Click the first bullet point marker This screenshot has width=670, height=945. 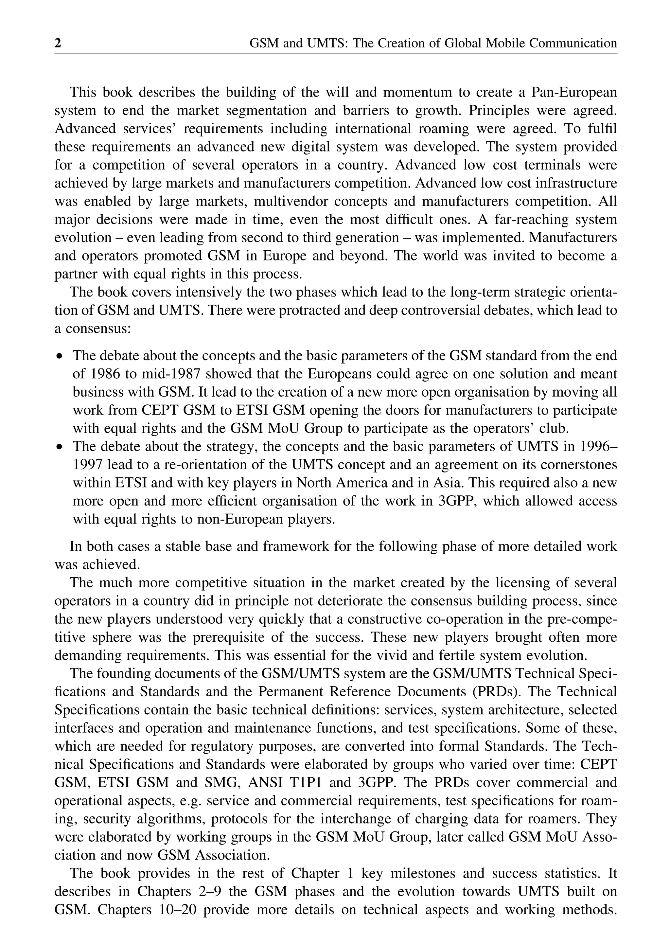click(x=60, y=356)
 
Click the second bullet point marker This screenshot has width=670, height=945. click(x=60, y=447)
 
